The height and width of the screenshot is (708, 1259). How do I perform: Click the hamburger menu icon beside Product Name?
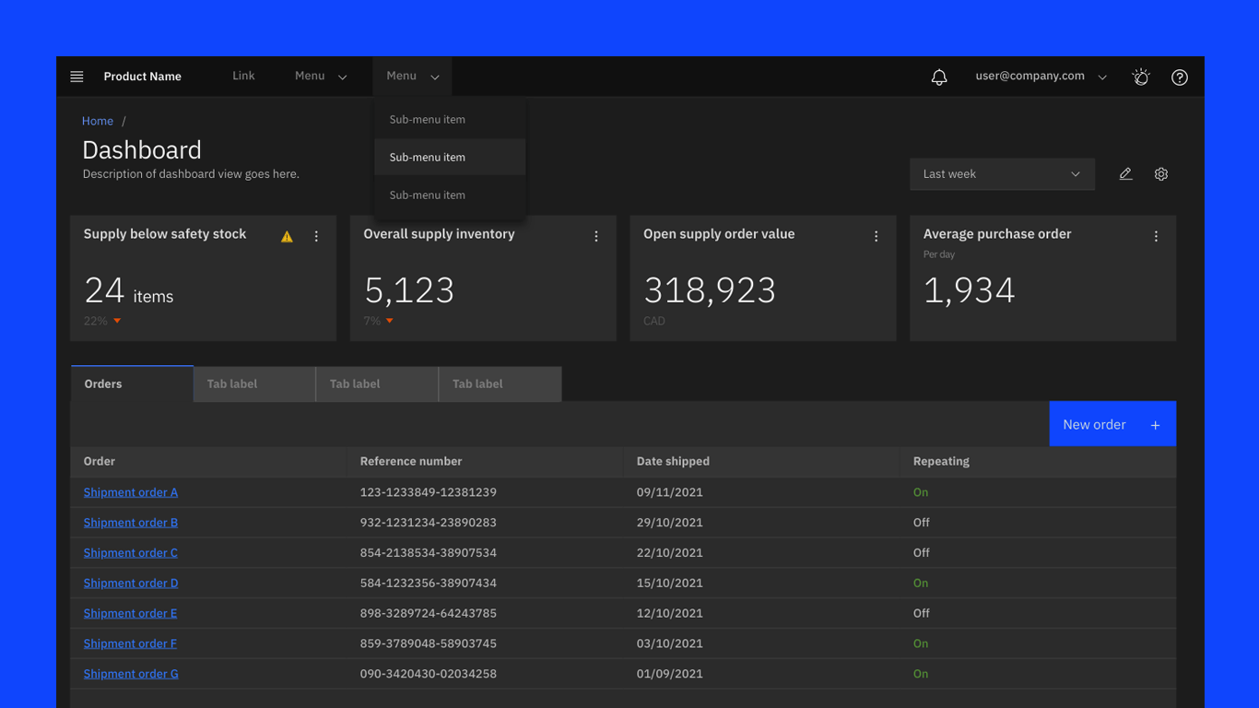(76, 77)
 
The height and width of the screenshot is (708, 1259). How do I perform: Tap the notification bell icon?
(939, 77)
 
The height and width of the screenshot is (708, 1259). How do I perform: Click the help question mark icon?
(1179, 77)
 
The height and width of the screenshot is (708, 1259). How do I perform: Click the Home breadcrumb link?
(98, 121)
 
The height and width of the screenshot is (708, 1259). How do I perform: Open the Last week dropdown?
(1002, 174)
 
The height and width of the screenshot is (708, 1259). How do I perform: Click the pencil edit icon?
(1125, 174)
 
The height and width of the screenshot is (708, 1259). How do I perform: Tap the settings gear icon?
(1161, 174)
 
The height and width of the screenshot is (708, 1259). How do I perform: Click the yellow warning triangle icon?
(288, 237)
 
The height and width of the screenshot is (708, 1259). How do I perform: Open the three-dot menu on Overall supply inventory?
(596, 237)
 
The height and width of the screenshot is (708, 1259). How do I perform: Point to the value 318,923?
(710, 290)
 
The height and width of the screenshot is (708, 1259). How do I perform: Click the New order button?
(1112, 424)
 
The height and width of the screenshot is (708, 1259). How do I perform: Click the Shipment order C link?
(131, 553)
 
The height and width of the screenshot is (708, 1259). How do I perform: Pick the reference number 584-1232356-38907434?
(429, 584)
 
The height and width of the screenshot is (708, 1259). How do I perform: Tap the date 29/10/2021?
(670, 523)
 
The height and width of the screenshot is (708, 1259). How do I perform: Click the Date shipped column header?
(673, 461)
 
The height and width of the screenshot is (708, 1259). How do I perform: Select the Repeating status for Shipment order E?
(922, 613)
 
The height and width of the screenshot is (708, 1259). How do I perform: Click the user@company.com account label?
(1030, 77)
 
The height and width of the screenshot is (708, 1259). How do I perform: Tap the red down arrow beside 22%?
(117, 321)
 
